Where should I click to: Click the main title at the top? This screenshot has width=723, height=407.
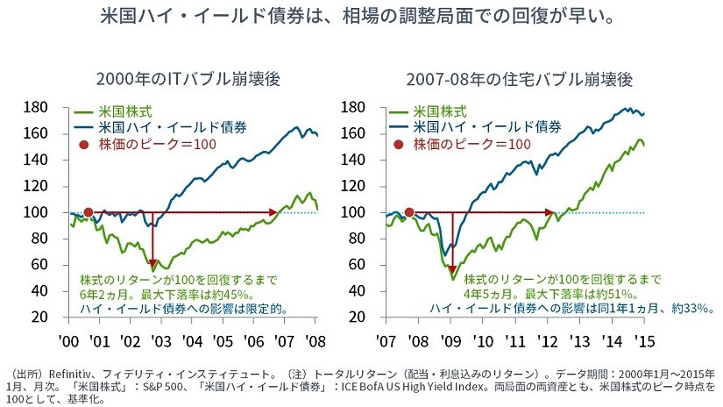360,17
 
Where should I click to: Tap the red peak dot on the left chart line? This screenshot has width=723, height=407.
88,212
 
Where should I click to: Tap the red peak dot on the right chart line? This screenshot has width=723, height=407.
408,212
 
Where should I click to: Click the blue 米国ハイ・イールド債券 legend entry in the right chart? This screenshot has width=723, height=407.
486,128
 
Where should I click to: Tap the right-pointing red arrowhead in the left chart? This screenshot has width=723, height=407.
273,212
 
